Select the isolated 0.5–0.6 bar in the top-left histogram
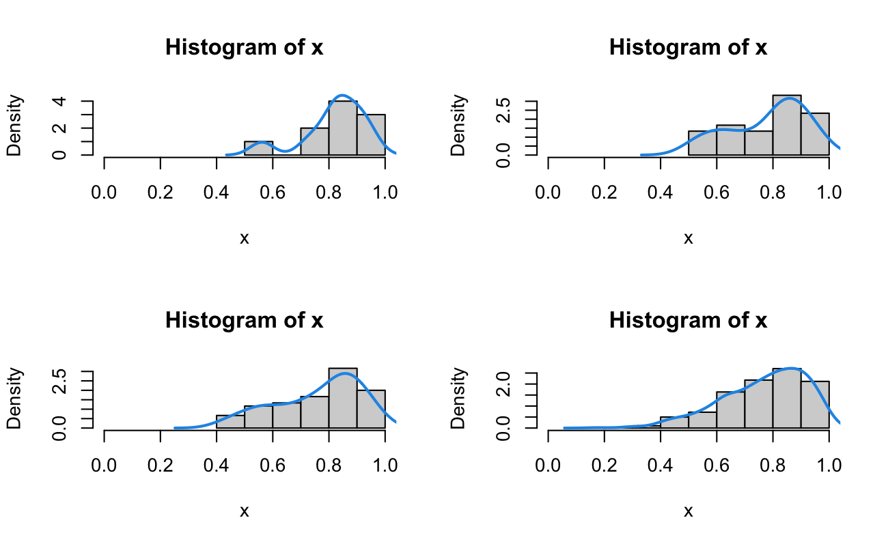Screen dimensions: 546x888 coord(259,148)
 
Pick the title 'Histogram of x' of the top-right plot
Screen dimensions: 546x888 coord(688,48)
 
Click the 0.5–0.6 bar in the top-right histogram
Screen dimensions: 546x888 coord(702,143)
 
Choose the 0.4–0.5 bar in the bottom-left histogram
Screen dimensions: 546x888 coord(230,422)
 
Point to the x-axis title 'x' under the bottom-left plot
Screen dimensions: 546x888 coord(245,511)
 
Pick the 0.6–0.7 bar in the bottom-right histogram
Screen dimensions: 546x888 coord(730,410)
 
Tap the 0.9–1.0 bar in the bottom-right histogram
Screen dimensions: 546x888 coord(814,405)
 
